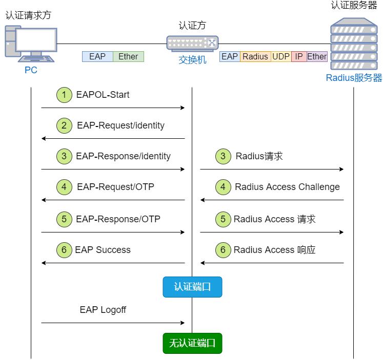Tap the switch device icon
[x=192, y=43]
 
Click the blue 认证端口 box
[x=192, y=287]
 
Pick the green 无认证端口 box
[x=192, y=343]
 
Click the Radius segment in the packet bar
[x=255, y=56]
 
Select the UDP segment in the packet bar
[x=281, y=56]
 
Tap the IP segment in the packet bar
[x=299, y=56]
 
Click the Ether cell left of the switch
[x=128, y=56]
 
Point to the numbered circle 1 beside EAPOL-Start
[x=64, y=95]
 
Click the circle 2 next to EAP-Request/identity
[x=64, y=125]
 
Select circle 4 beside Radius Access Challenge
[x=223, y=187]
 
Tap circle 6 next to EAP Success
[x=64, y=250]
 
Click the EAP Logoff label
[x=103, y=310]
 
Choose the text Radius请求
[x=259, y=156]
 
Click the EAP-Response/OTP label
[x=118, y=219]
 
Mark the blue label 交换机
[x=192, y=60]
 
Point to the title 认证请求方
[x=28, y=15]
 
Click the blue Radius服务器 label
[x=354, y=78]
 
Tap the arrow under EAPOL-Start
[x=113, y=108]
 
